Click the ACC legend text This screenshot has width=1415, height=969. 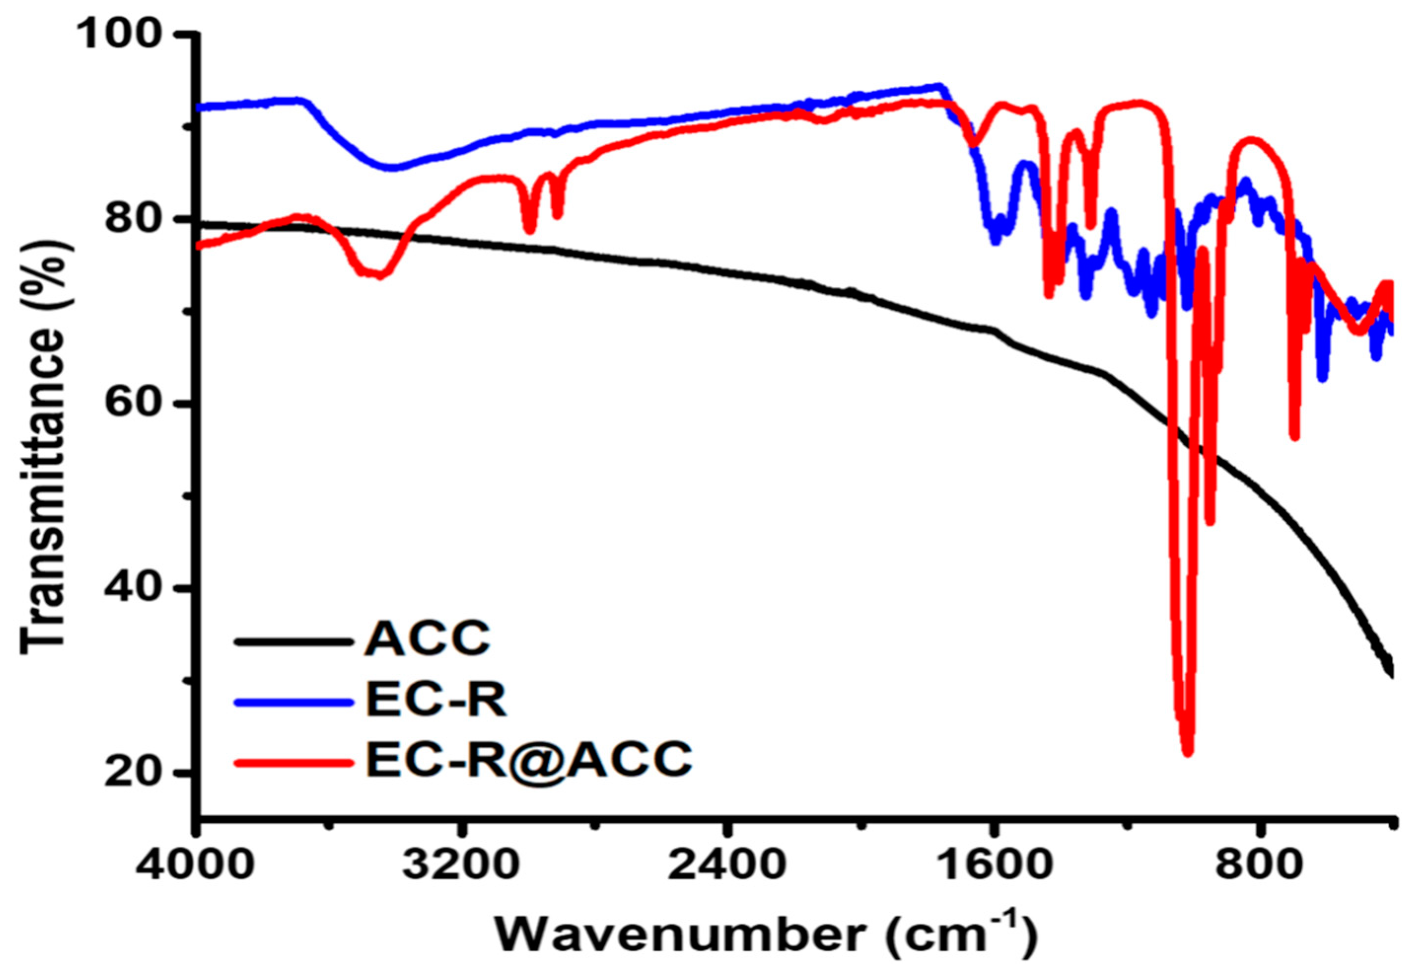tap(427, 639)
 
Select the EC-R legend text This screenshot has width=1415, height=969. tap(436, 701)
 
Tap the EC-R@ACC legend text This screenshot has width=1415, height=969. tap(529, 759)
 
